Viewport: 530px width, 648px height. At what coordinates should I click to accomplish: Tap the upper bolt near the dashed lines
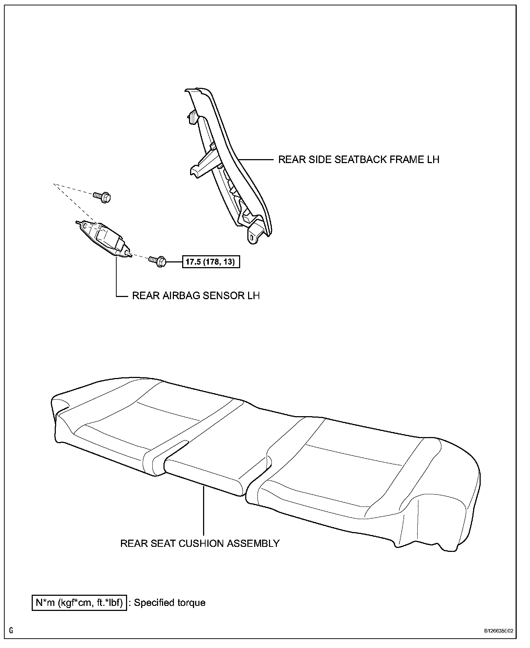(x=102, y=197)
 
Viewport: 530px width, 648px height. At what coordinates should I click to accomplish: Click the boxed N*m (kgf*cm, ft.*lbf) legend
(x=80, y=603)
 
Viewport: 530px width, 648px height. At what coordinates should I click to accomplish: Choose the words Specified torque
(x=170, y=603)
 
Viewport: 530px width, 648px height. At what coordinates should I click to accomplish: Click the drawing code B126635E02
(x=498, y=631)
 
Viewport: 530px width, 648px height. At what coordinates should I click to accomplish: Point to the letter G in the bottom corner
(x=12, y=630)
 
